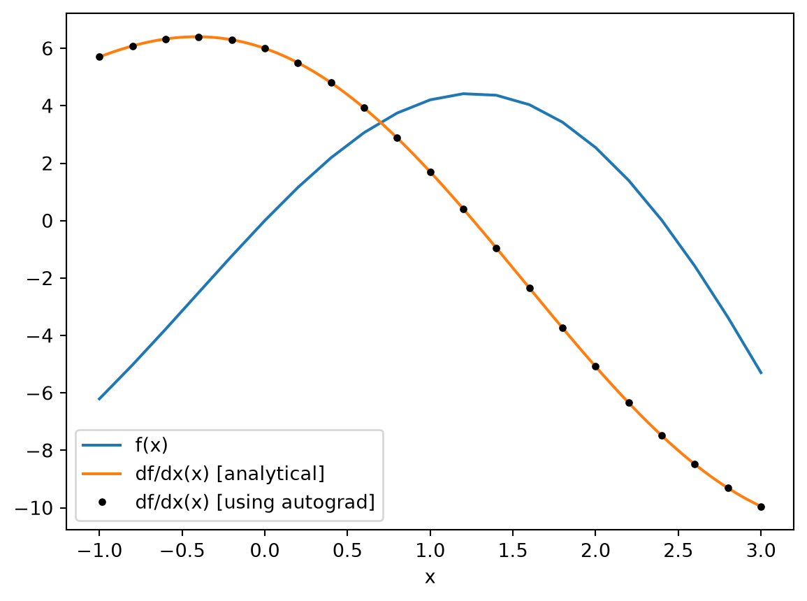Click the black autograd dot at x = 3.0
click(761, 507)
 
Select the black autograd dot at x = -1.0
click(99, 57)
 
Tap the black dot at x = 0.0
click(265, 48)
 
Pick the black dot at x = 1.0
click(430, 172)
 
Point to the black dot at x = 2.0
click(595, 366)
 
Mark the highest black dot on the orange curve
click(198, 37)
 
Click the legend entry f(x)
click(152, 445)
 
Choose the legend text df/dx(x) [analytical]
click(230, 473)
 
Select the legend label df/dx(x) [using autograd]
click(255, 502)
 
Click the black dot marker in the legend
click(102, 502)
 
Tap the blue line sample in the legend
click(102, 445)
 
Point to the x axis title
click(430, 577)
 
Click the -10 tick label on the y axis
click(34, 508)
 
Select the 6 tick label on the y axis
click(48, 48)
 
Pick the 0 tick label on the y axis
click(48, 222)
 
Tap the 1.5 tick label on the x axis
click(513, 551)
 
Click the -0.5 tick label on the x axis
click(182, 551)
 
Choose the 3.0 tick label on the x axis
click(761, 551)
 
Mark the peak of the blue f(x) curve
click(463, 94)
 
